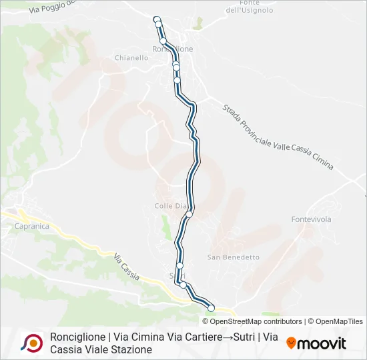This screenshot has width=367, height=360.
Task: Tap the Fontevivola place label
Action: (x=311, y=219)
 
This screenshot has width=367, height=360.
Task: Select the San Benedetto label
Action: (x=233, y=257)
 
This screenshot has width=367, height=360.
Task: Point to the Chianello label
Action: (x=131, y=58)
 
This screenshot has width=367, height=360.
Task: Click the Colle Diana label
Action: (x=171, y=206)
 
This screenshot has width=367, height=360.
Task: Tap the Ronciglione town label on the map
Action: (x=173, y=49)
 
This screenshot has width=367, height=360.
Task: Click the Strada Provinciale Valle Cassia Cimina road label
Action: (x=278, y=136)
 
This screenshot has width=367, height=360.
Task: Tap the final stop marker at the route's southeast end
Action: (x=211, y=308)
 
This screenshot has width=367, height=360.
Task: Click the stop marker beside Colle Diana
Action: (x=190, y=214)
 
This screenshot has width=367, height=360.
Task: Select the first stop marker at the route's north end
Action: (x=157, y=19)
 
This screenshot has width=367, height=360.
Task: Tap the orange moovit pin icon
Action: (x=291, y=343)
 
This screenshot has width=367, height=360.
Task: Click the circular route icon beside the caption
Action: (x=31, y=343)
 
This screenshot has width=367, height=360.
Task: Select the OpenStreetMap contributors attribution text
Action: (x=256, y=321)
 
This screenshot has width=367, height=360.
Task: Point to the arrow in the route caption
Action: (x=228, y=337)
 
